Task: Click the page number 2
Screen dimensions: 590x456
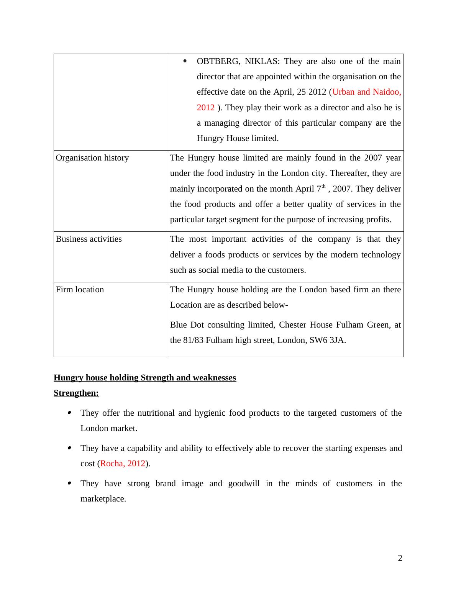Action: click(x=400, y=558)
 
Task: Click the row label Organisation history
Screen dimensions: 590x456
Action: click(x=92, y=158)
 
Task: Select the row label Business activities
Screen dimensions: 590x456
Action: click(x=89, y=239)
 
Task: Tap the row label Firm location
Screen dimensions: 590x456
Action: click(x=80, y=290)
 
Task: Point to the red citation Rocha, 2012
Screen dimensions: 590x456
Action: click(x=123, y=464)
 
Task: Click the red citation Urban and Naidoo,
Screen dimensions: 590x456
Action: click(x=366, y=92)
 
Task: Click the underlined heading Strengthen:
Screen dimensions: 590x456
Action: click(x=76, y=393)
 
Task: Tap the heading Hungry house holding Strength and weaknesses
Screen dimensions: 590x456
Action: click(x=145, y=378)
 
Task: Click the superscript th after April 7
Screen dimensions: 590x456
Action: click(x=323, y=187)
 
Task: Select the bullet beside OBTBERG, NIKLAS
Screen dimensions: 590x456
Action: click(x=185, y=61)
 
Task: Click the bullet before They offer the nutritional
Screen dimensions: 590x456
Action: click(x=69, y=413)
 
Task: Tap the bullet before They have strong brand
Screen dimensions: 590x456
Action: click(x=69, y=483)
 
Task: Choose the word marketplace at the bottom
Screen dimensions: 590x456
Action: click(x=102, y=499)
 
